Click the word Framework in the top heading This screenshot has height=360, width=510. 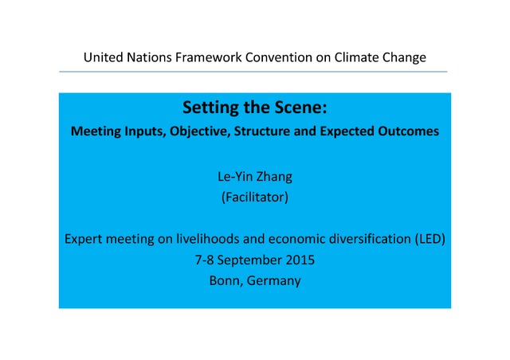[x=209, y=57]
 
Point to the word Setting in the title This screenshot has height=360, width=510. [x=210, y=108]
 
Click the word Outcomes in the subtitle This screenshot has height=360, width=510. [x=408, y=131]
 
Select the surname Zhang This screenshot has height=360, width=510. [x=274, y=178]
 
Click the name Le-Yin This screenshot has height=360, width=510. [x=235, y=177]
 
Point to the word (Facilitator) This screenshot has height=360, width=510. [x=255, y=198]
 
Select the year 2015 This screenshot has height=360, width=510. [x=300, y=260]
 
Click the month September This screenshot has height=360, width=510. [x=249, y=260]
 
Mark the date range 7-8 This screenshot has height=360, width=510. [x=204, y=260]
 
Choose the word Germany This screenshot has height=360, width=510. [x=273, y=281]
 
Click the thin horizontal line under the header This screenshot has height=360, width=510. [x=253, y=72]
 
